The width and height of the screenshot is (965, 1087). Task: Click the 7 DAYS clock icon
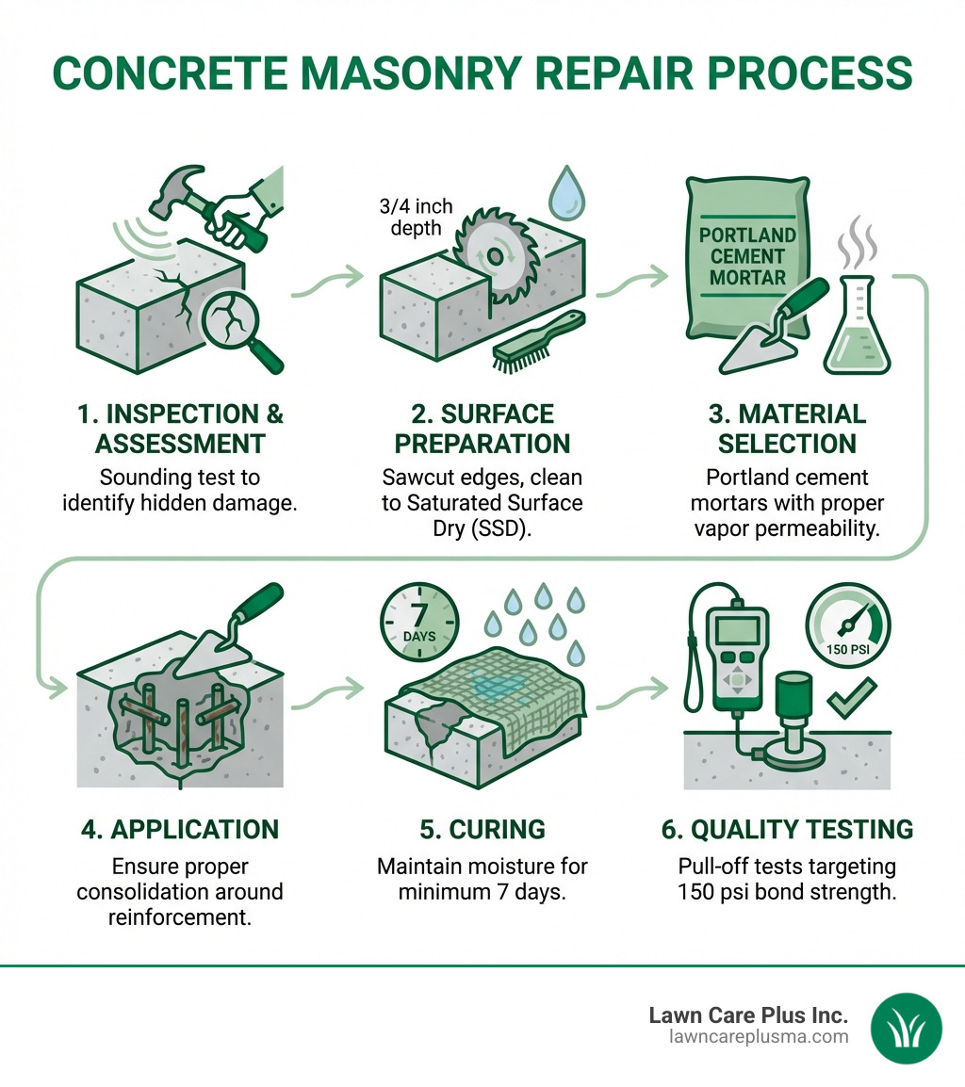418,624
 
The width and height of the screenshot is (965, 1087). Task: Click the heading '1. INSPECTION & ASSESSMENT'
180,429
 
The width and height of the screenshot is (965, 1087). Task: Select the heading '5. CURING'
482,829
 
